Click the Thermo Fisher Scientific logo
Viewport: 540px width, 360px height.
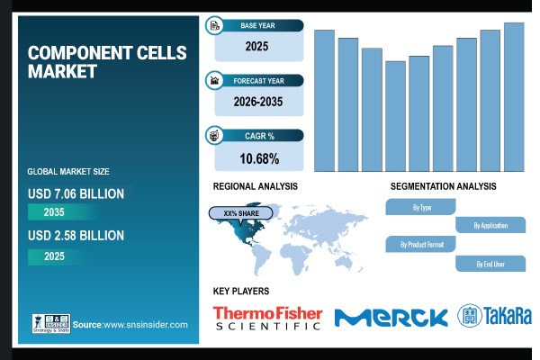point(266,317)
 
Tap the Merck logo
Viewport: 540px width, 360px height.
point(391,317)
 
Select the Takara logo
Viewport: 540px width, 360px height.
point(495,316)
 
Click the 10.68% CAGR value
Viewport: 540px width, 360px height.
point(258,159)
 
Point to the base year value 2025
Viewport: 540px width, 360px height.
point(258,43)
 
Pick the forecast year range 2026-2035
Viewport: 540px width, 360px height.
point(258,102)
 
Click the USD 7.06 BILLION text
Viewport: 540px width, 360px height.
point(76,193)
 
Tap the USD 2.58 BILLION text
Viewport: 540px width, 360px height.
point(76,235)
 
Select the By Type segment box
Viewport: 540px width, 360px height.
point(421,207)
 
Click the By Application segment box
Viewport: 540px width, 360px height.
point(490,225)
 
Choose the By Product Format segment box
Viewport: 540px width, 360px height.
point(421,244)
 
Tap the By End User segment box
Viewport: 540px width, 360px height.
point(490,263)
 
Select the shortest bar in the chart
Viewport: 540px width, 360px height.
point(395,116)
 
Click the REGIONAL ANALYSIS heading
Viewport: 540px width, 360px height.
point(255,186)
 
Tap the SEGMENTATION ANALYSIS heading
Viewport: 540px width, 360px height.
point(443,186)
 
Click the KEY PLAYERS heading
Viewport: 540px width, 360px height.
point(240,291)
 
